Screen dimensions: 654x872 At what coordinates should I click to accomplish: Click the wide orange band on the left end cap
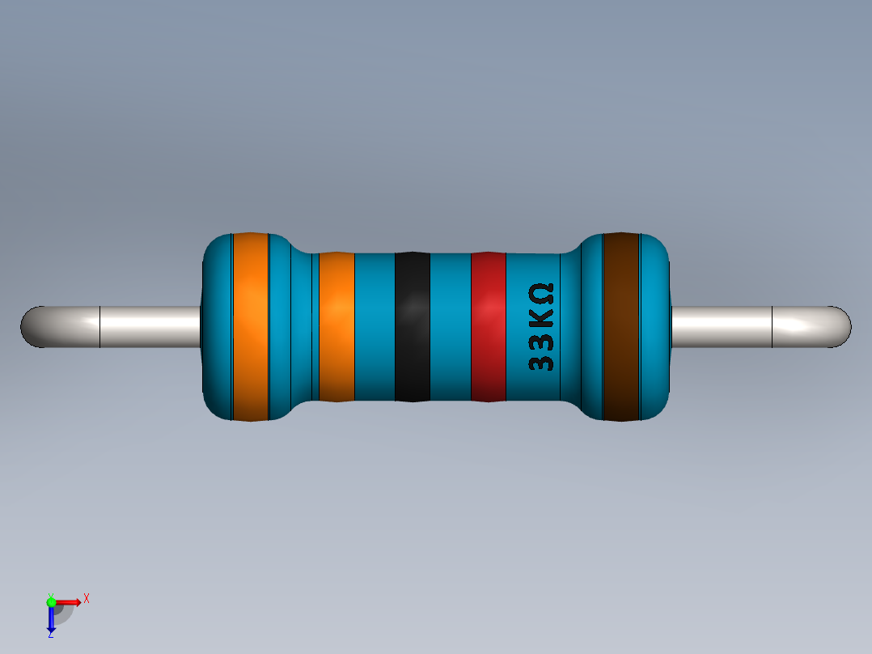(250, 327)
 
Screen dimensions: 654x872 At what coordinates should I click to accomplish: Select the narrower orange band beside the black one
(337, 327)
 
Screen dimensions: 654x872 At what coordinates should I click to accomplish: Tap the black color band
(413, 327)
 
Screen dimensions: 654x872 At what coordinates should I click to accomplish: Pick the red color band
(488, 327)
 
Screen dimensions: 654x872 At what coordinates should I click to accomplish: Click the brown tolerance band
(621, 327)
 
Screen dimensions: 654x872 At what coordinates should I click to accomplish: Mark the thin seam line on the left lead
(99, 327)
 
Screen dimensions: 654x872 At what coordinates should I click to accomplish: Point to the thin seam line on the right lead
(773, 327)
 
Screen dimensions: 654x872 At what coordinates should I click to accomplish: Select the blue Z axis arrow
(51, 619)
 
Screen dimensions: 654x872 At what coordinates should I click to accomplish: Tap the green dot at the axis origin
(51, 601)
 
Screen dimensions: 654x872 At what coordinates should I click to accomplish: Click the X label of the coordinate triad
(87, 598)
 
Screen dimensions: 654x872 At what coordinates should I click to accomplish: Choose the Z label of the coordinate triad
(50, 635)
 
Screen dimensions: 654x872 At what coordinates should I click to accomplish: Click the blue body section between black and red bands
(450, 327)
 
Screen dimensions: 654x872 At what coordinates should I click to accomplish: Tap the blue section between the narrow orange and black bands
(375, 327)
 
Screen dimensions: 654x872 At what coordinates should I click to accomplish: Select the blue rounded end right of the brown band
(656, 327)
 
